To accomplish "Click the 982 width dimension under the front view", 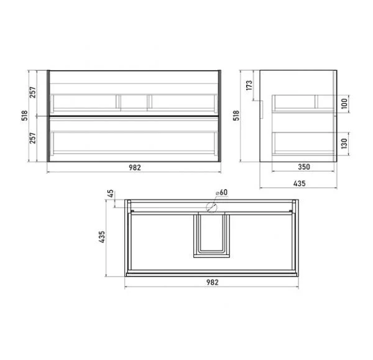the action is coord(135,167).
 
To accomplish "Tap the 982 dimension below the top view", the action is coord(212,282).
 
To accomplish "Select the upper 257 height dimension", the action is coord(32,92).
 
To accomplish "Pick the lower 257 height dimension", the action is coord(32,138).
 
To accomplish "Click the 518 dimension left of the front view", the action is coord(24,116).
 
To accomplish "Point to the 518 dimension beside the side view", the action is coord(236,116).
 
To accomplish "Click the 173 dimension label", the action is coord(249,85).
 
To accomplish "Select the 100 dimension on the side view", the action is coord(344,103).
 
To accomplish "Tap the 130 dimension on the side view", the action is coord(344,144).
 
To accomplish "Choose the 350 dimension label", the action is coord(304,167).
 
